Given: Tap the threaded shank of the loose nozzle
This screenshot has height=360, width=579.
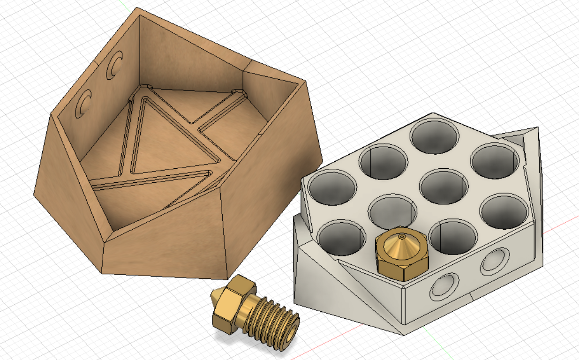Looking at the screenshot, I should tap(277, 323).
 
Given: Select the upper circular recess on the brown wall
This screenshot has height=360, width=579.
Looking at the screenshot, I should tap(114, 65).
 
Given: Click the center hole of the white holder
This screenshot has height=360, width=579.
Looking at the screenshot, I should tap(444, 186).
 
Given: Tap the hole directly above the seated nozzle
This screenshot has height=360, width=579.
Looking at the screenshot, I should tap(392, 211).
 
